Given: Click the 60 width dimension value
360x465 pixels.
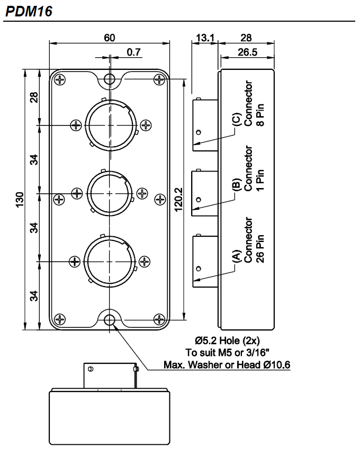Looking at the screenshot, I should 109,38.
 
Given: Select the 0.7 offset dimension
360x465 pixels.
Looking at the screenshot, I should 133,51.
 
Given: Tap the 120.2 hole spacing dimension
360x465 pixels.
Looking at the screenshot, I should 178,200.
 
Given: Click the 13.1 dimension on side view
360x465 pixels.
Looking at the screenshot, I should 204,38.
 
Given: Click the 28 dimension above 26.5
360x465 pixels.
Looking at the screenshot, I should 246,38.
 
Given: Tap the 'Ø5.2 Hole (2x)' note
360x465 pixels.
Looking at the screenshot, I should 227,341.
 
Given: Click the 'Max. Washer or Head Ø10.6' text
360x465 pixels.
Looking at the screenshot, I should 227,365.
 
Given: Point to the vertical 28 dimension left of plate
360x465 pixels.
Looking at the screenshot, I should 34,98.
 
